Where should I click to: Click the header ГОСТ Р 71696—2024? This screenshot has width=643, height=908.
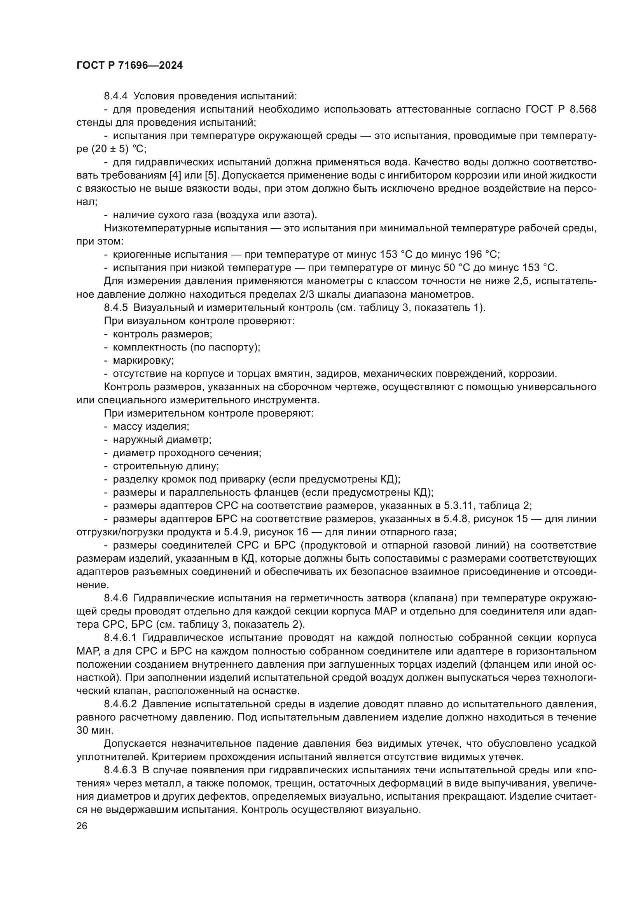(129, 66)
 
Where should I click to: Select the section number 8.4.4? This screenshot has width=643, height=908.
(115, 96)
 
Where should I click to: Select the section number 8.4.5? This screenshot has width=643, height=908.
(115, 308)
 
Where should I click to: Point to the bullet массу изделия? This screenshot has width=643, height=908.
(151, 427)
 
